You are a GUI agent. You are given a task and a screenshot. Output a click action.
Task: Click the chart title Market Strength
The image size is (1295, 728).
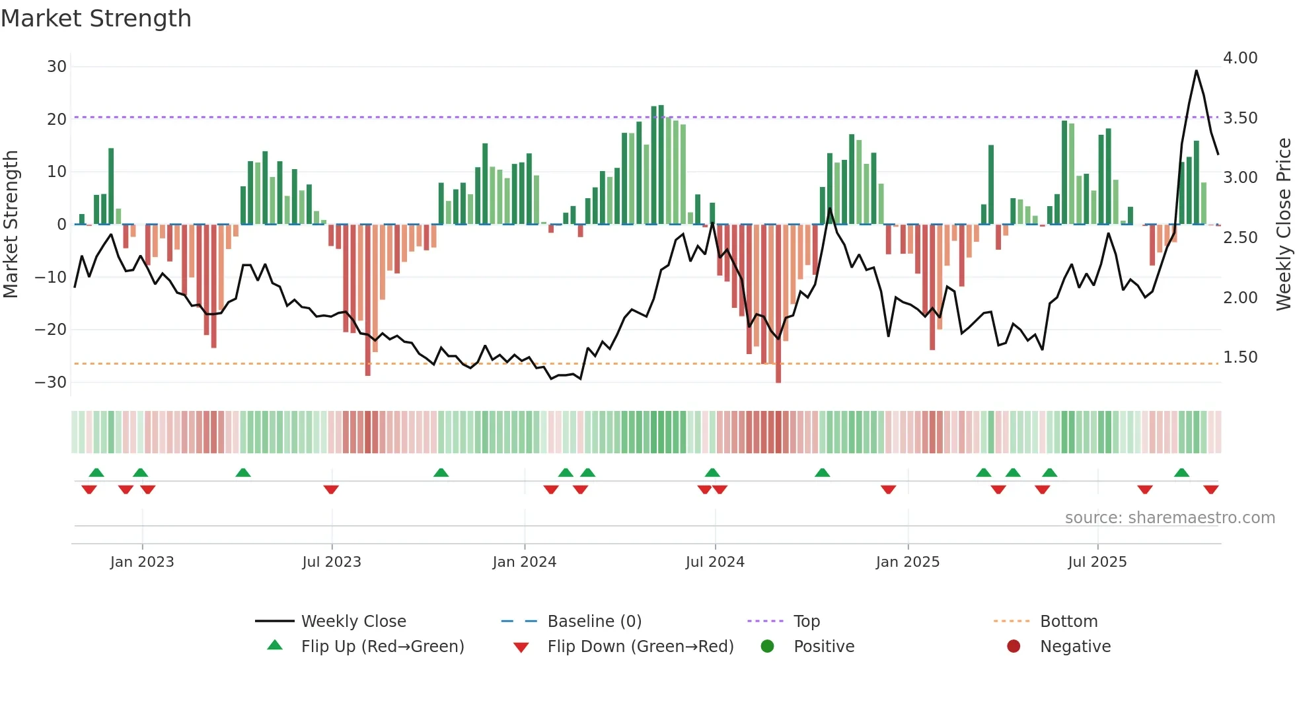pos(96,18)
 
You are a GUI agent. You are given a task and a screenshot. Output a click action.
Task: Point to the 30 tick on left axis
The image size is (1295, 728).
pos(57,67)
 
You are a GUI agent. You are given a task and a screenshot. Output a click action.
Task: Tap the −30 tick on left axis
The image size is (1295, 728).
pos(51,382)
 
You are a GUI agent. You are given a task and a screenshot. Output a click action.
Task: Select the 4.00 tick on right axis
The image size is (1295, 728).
pos(1240,58)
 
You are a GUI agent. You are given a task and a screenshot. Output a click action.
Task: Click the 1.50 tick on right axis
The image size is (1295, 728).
pos(1240,357)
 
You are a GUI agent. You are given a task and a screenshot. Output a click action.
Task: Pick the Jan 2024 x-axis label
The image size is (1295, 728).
pos(525,562)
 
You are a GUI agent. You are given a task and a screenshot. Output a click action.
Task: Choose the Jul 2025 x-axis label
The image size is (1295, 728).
pos(1097,562)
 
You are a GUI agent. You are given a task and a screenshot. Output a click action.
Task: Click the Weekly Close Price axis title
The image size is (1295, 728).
pos(1283,225)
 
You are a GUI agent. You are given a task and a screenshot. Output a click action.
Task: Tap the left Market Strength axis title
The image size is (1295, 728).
pos(11,225)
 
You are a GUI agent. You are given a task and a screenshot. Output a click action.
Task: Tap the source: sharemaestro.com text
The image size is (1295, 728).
pos(1169,518)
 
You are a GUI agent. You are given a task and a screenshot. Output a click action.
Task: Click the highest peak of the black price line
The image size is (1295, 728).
pos(1196,71)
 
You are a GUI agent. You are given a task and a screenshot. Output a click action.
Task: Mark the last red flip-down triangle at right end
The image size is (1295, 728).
pos(1210,490)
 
